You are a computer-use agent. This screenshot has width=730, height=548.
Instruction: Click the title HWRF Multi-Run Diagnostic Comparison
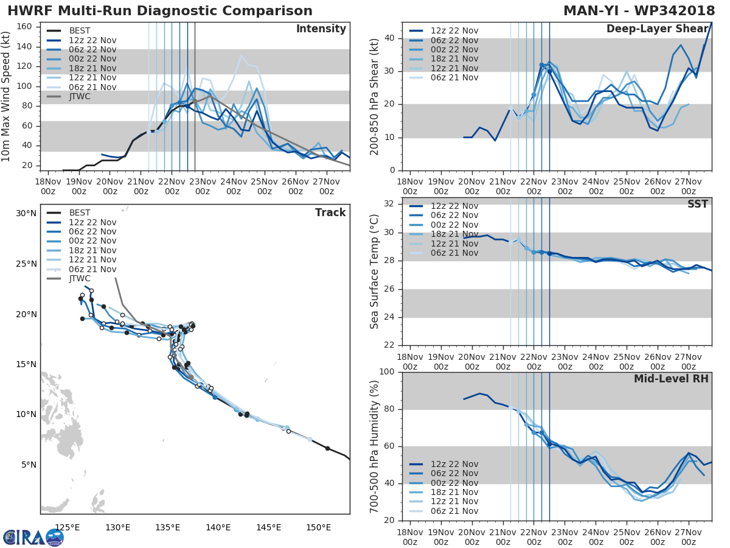160,11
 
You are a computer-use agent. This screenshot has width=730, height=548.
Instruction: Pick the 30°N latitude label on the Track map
26,214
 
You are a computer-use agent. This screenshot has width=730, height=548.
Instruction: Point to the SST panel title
697,204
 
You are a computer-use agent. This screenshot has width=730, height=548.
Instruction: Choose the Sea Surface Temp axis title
375,272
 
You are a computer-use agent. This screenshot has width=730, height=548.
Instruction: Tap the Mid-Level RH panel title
671,379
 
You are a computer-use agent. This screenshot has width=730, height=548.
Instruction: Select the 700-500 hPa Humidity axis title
375,446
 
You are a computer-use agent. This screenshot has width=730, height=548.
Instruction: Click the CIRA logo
33,537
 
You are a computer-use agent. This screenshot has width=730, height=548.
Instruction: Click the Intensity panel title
321,29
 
